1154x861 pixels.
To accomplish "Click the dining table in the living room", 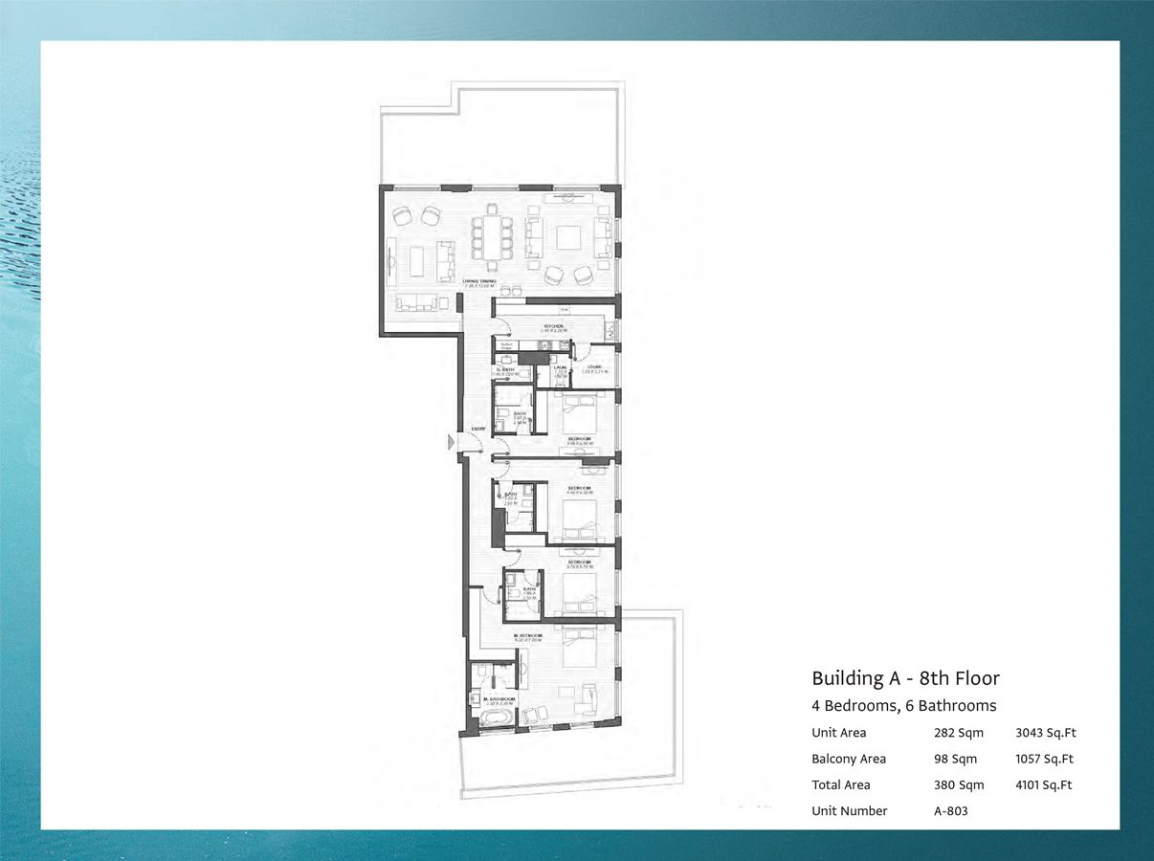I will tap(492, 237).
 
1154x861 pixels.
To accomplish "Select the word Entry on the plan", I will tap(478, 429).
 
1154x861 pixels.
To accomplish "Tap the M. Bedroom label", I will tap(527, 635).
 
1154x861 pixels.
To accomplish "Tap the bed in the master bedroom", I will tap(578, 648).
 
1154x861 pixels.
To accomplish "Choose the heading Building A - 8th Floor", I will tap(905, 678).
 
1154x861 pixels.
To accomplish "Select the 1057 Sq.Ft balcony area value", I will tap(1044, 759).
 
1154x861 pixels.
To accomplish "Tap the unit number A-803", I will tap(951, 810).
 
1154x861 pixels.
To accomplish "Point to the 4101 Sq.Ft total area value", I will tap(1043, 784).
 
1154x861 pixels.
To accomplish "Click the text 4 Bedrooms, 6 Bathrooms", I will tap(904, 706).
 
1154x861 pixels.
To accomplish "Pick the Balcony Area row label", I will tap(849, 759).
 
